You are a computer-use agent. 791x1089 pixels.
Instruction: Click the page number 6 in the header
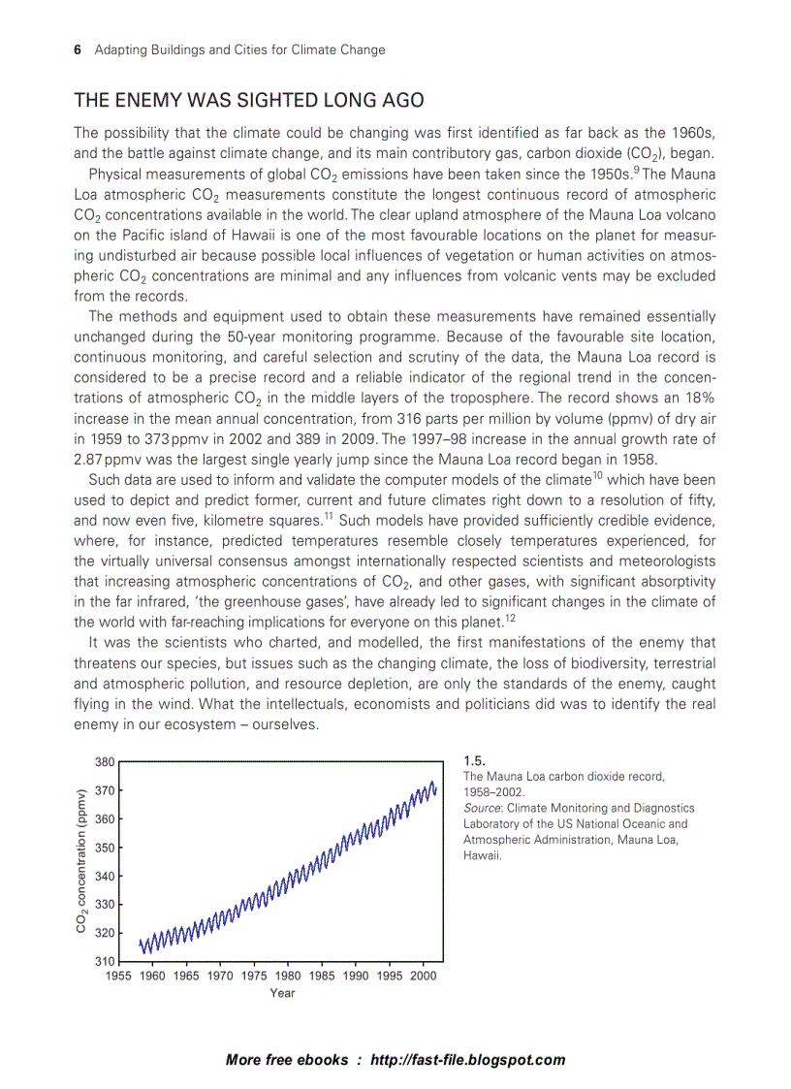tap(78, 49)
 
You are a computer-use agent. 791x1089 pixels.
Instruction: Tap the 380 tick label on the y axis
tap(105, 762)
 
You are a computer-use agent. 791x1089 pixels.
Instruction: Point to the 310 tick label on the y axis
tap(105, 961)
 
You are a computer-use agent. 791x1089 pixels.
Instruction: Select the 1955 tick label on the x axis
tap(119, 977)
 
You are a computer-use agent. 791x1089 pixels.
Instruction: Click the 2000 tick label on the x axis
tap(424, 977)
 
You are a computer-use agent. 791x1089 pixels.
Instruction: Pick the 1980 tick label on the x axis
tap(288, 977)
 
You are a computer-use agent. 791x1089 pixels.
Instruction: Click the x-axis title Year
tap(282, 993)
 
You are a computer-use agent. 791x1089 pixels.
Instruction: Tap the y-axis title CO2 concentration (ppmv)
tap(82, 861)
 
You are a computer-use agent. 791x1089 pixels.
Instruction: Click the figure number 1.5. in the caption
tap(474, 761)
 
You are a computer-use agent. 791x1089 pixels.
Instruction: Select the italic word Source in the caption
tap(482, 808)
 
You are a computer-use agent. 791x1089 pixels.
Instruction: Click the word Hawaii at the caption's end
tap(481, 855)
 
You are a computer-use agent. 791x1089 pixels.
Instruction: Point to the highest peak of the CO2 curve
tap(432, 782)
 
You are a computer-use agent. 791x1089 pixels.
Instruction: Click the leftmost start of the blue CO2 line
tap(140, 941)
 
